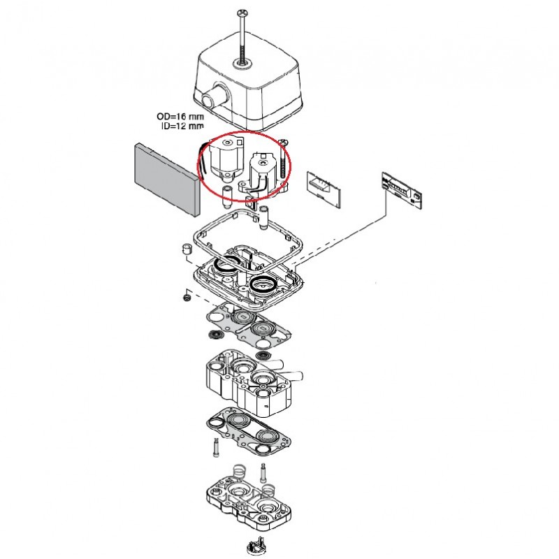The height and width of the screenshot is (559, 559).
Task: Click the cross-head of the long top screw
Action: [x=242, y=12]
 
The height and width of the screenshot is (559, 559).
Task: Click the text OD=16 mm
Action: [x=180, y=117]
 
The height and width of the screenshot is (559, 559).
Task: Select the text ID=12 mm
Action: [x=180, y=126]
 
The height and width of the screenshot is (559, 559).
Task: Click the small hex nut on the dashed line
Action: [x=186, y=296]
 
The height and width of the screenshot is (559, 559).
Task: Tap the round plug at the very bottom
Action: [x=256, y=546]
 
